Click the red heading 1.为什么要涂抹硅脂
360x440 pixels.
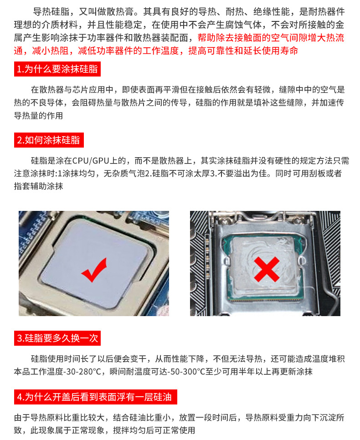[x=57, y=70]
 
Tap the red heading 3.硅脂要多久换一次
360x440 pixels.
[x=57, y=338]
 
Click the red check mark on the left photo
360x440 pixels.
[x=94, y=269]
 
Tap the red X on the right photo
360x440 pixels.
[x=266, y=268]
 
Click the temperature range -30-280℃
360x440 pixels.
[x=82, y=372]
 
